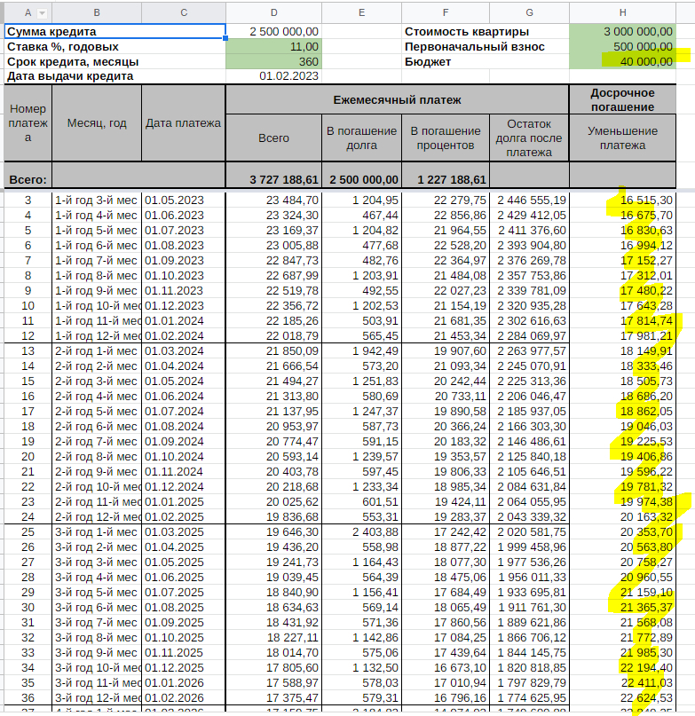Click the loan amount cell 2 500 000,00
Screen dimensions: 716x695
pos(284,31)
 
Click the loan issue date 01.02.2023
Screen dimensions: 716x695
pos(288,76)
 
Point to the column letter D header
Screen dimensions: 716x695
pos(273,12)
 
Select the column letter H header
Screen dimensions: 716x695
pos(622,12)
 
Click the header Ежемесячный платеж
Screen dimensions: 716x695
pos(397,100)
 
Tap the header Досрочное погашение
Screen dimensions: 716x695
pos(622,99)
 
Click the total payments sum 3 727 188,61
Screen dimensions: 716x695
pos(284,179)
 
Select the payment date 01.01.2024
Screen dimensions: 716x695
pos(174,320)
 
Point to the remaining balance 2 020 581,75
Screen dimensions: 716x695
pos(532,531)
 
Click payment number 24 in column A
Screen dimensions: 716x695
pos(28,516)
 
